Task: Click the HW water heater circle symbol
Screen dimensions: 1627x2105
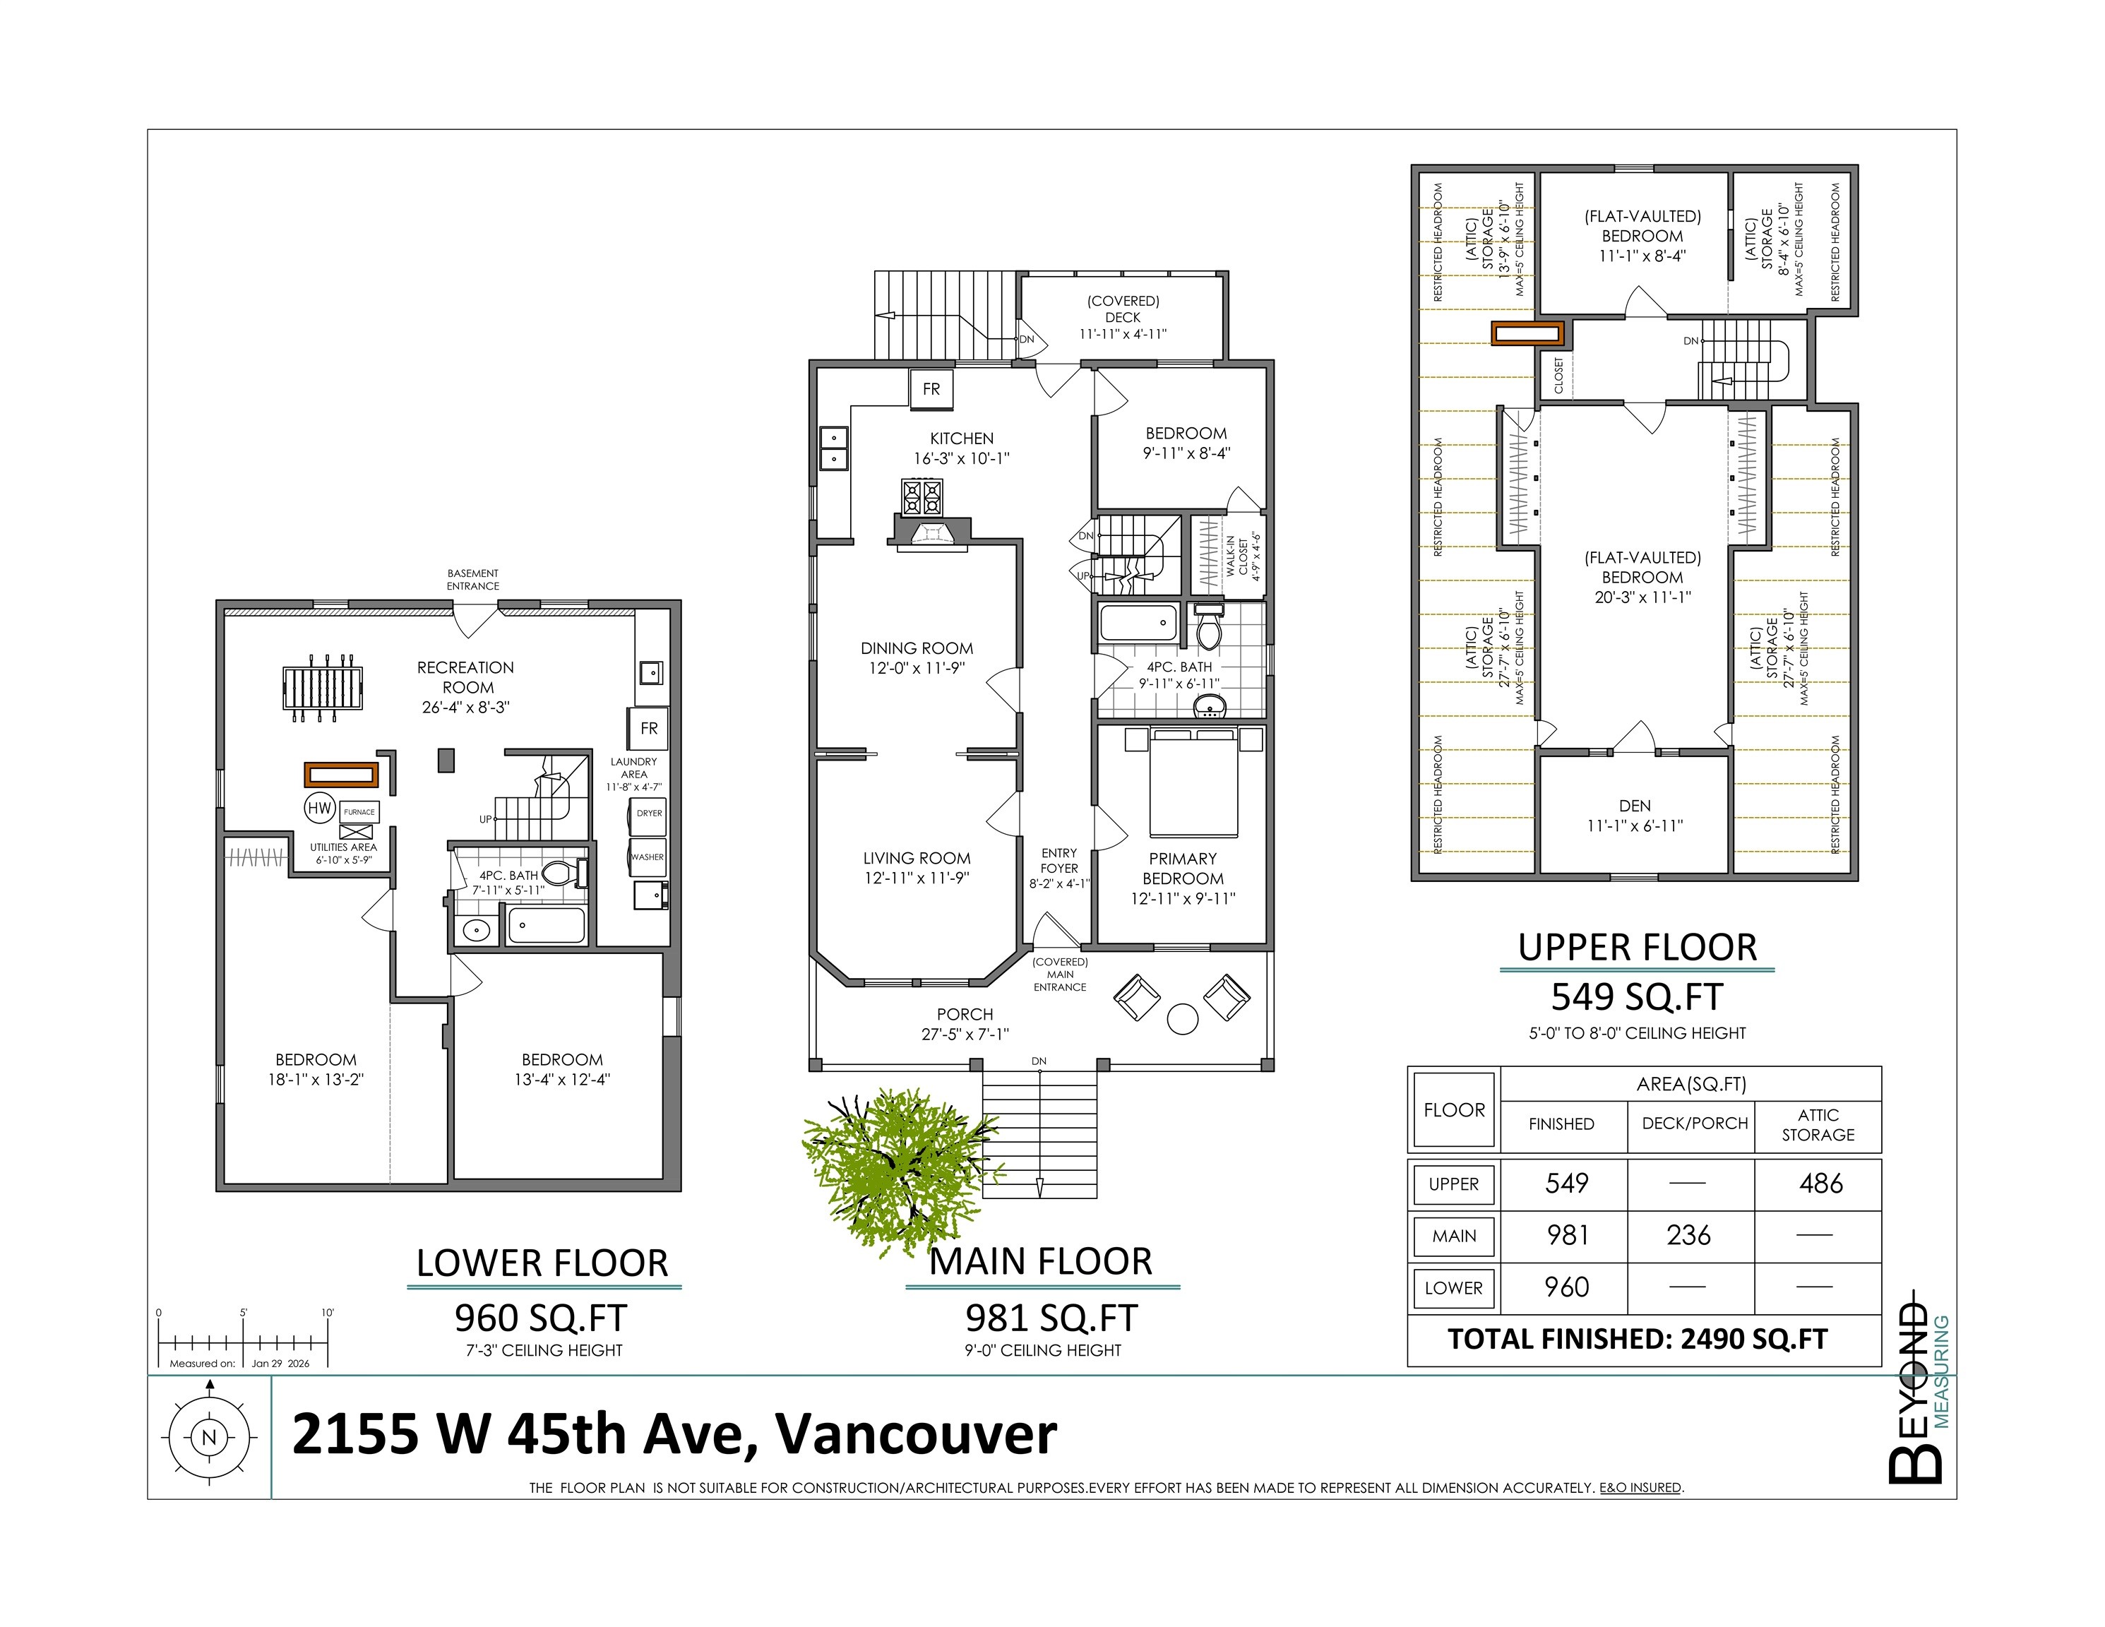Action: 319,808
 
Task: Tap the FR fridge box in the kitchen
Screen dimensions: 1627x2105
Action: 931,389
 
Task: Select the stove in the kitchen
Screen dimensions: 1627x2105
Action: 922,497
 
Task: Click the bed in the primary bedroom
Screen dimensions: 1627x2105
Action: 1194,782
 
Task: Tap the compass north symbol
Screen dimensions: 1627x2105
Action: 208,1438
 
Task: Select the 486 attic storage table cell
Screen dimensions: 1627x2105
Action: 1820,1184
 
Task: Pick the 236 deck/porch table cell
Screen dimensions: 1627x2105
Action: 1688,1236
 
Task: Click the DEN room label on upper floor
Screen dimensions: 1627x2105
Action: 1635,806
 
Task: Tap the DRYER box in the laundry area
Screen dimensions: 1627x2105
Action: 649,813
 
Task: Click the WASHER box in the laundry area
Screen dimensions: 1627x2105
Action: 648,857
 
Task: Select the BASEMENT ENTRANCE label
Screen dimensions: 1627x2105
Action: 472,579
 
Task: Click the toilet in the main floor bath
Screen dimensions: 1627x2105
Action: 1207,628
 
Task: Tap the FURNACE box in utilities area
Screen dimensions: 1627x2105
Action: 359,811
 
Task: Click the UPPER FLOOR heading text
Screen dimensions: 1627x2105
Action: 1637,948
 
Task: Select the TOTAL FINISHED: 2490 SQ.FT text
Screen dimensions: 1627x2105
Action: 1637,1339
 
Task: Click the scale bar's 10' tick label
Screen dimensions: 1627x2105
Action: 328,1313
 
